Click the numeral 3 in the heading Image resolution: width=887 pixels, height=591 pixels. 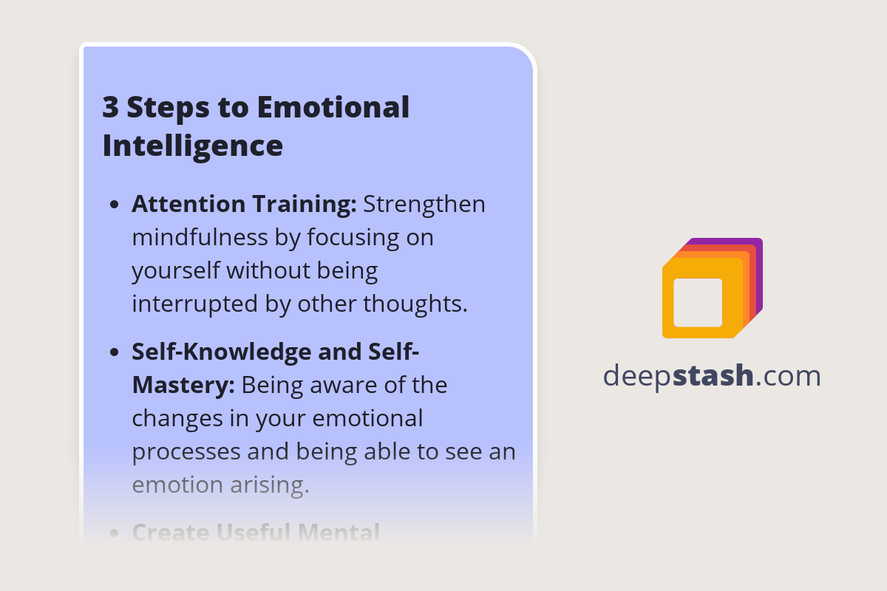click(x=111, y=108)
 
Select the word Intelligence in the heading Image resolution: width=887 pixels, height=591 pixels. click(x=192, y=146)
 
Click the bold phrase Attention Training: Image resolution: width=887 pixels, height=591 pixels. click(x=244, y=205)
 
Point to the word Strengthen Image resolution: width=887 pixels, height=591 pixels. click(x=424, y=205)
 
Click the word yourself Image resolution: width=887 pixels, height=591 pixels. click(x=176, y=271)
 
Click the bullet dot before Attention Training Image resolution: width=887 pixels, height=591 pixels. click(x=115, y=205)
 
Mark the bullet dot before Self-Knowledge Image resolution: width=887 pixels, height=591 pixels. click(x=115, y=352)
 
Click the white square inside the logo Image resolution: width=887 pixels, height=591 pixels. click(x=698, y=302)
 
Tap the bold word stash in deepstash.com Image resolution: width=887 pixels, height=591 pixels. click(x=713, y=376)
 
